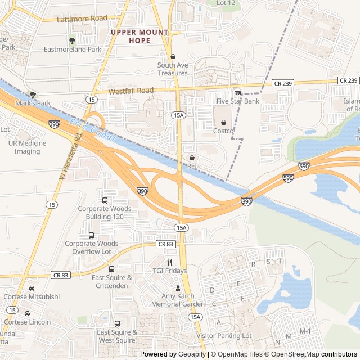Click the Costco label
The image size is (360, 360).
tap(223, 130)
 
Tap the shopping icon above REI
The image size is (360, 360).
tap(192, 157)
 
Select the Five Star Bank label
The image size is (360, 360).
tap(237, 101)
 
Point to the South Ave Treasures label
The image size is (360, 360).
tap(173, 69)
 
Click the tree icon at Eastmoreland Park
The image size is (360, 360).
tap(71, 40)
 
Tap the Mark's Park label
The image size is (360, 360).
tap(33, 103)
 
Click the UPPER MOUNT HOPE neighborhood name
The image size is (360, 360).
tap(139, 37)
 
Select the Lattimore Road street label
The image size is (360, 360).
tap(82, 19)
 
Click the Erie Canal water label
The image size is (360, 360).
tap(93, 131)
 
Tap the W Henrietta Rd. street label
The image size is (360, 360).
tap(70, 156)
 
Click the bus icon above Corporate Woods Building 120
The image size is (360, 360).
tap(105, 200)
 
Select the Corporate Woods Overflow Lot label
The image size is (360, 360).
tap(92, 247)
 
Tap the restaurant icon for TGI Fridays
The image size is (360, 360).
tap(169, 262)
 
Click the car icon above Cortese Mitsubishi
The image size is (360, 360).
tap(31, 288)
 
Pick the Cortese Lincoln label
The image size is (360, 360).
tap(27, 322)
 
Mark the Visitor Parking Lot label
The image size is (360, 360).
tap(224, 336)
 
